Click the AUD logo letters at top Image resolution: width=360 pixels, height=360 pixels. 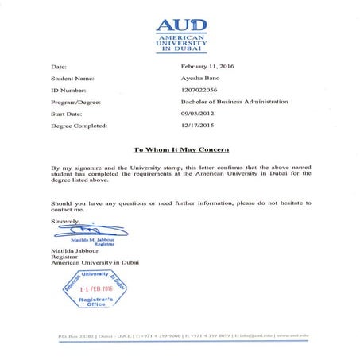point(179,24)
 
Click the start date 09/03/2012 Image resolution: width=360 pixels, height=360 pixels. point(199,114)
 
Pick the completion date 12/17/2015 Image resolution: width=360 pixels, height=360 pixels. point(199,125)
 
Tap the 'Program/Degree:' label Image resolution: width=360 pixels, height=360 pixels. point(76,102)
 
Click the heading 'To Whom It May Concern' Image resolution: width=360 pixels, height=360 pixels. point(180,149)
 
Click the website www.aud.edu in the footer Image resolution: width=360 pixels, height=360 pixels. point(292,336)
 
